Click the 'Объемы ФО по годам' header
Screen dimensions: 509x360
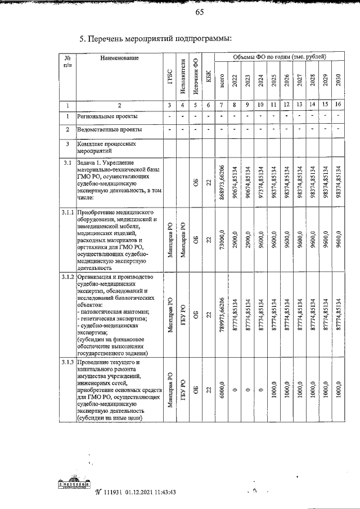(x=280, y=57)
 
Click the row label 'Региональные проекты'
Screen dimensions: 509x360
(x=105, y=116)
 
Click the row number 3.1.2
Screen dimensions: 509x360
(x=67, y=277)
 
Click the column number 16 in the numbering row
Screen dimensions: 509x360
(x=337, y=105)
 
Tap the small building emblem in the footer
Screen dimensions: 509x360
(x=75, y=484)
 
